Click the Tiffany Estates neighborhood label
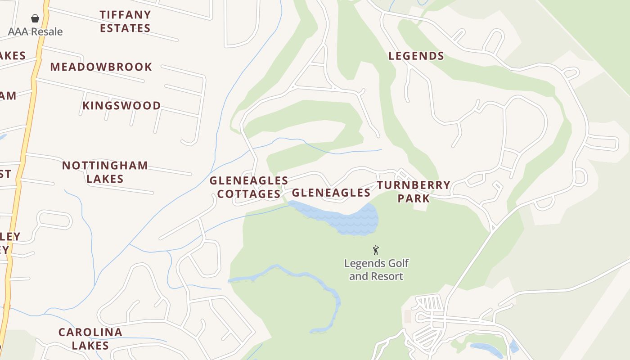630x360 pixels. click(125, 21)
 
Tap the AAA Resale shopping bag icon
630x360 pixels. click(35, 18)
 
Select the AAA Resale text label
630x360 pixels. click(35, 31)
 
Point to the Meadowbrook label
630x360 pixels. click(101, 67)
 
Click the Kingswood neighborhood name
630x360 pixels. click(121, 106)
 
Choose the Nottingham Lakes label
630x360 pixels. click(105, 172)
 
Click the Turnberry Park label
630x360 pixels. click(414, 192)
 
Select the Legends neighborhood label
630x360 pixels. click(416, 56)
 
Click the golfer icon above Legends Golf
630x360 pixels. click(376, 250)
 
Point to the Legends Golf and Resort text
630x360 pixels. click(376, 270)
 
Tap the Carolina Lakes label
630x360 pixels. click(90, 339)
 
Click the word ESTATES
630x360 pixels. click(125, 28)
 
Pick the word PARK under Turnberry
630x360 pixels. click(414, 198)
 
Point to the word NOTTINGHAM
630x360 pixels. click(105, 165)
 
